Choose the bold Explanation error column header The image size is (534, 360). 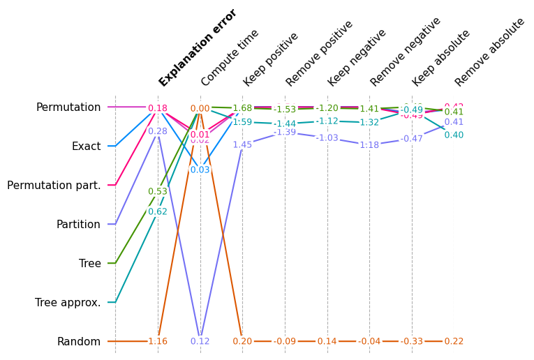click(x=198, y=48)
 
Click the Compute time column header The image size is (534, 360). click(x=230, y=58)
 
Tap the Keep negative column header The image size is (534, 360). click(x=357, y=58)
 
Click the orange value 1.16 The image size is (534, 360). click(x=158, y=342)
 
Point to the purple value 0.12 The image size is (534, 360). click(x=200, y=342)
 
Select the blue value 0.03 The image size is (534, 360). click(x=200, y=170)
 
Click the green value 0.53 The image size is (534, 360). click(x=158, y=192)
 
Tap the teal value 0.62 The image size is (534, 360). click(x=158, y=212)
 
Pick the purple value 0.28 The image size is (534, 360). click(x=158, y=131)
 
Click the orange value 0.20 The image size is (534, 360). click(x=242, y=342)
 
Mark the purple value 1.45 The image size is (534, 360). click(x=242, y=145)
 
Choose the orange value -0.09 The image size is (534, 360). click(x=285, y=342)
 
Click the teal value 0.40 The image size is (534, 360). click(x=454, y=135)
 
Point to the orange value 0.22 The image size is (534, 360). click(x=454, y=342)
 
